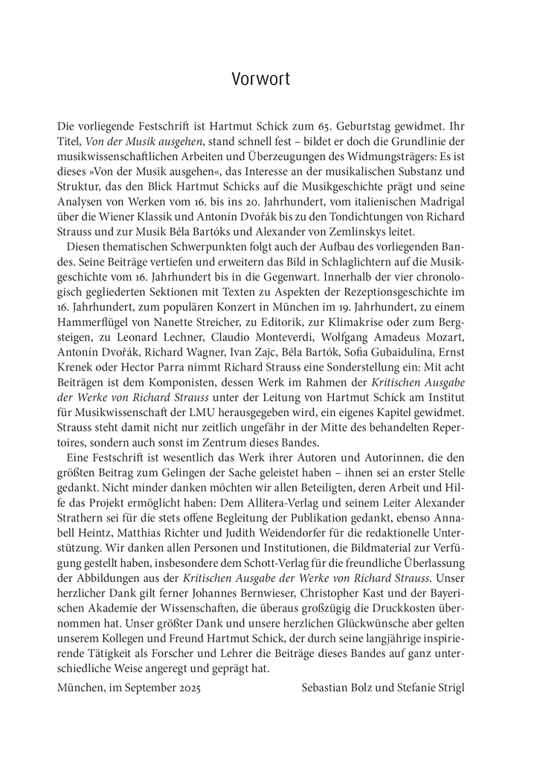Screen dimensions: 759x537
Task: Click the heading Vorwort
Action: tap(260, 79)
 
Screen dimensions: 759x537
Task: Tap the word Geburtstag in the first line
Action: tap(387, 126)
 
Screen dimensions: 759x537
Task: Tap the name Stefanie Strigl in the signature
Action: tap(434, 688)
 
